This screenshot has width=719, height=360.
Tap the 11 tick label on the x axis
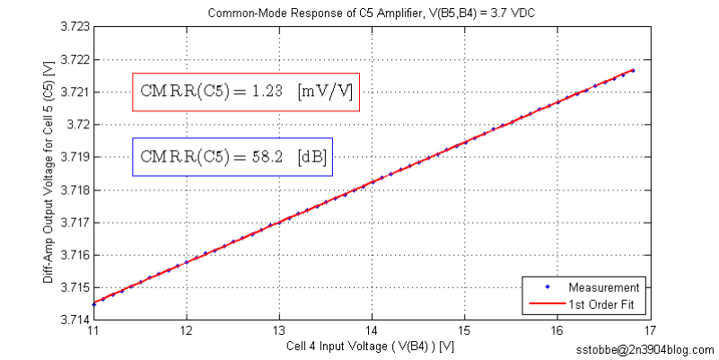coord(92,329)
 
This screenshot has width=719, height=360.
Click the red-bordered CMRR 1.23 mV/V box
coord(246,92)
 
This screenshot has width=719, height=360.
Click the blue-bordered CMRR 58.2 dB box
coord(232,157)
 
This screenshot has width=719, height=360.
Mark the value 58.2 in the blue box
coord(267,157)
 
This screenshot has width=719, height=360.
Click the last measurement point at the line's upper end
coord(633,70)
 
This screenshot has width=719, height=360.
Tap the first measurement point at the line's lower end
coord(93,304)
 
